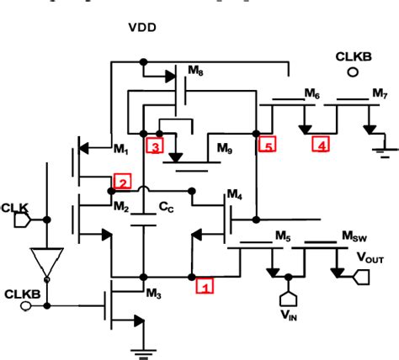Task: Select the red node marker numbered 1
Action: tap(205, 285)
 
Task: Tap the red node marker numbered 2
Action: tap(122, 182)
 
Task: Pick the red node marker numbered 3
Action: tap(154, 146)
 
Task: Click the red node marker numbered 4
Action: tap(321, 145)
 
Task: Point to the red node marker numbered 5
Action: tap(267, 145)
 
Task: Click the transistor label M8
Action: tap(195, 71)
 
